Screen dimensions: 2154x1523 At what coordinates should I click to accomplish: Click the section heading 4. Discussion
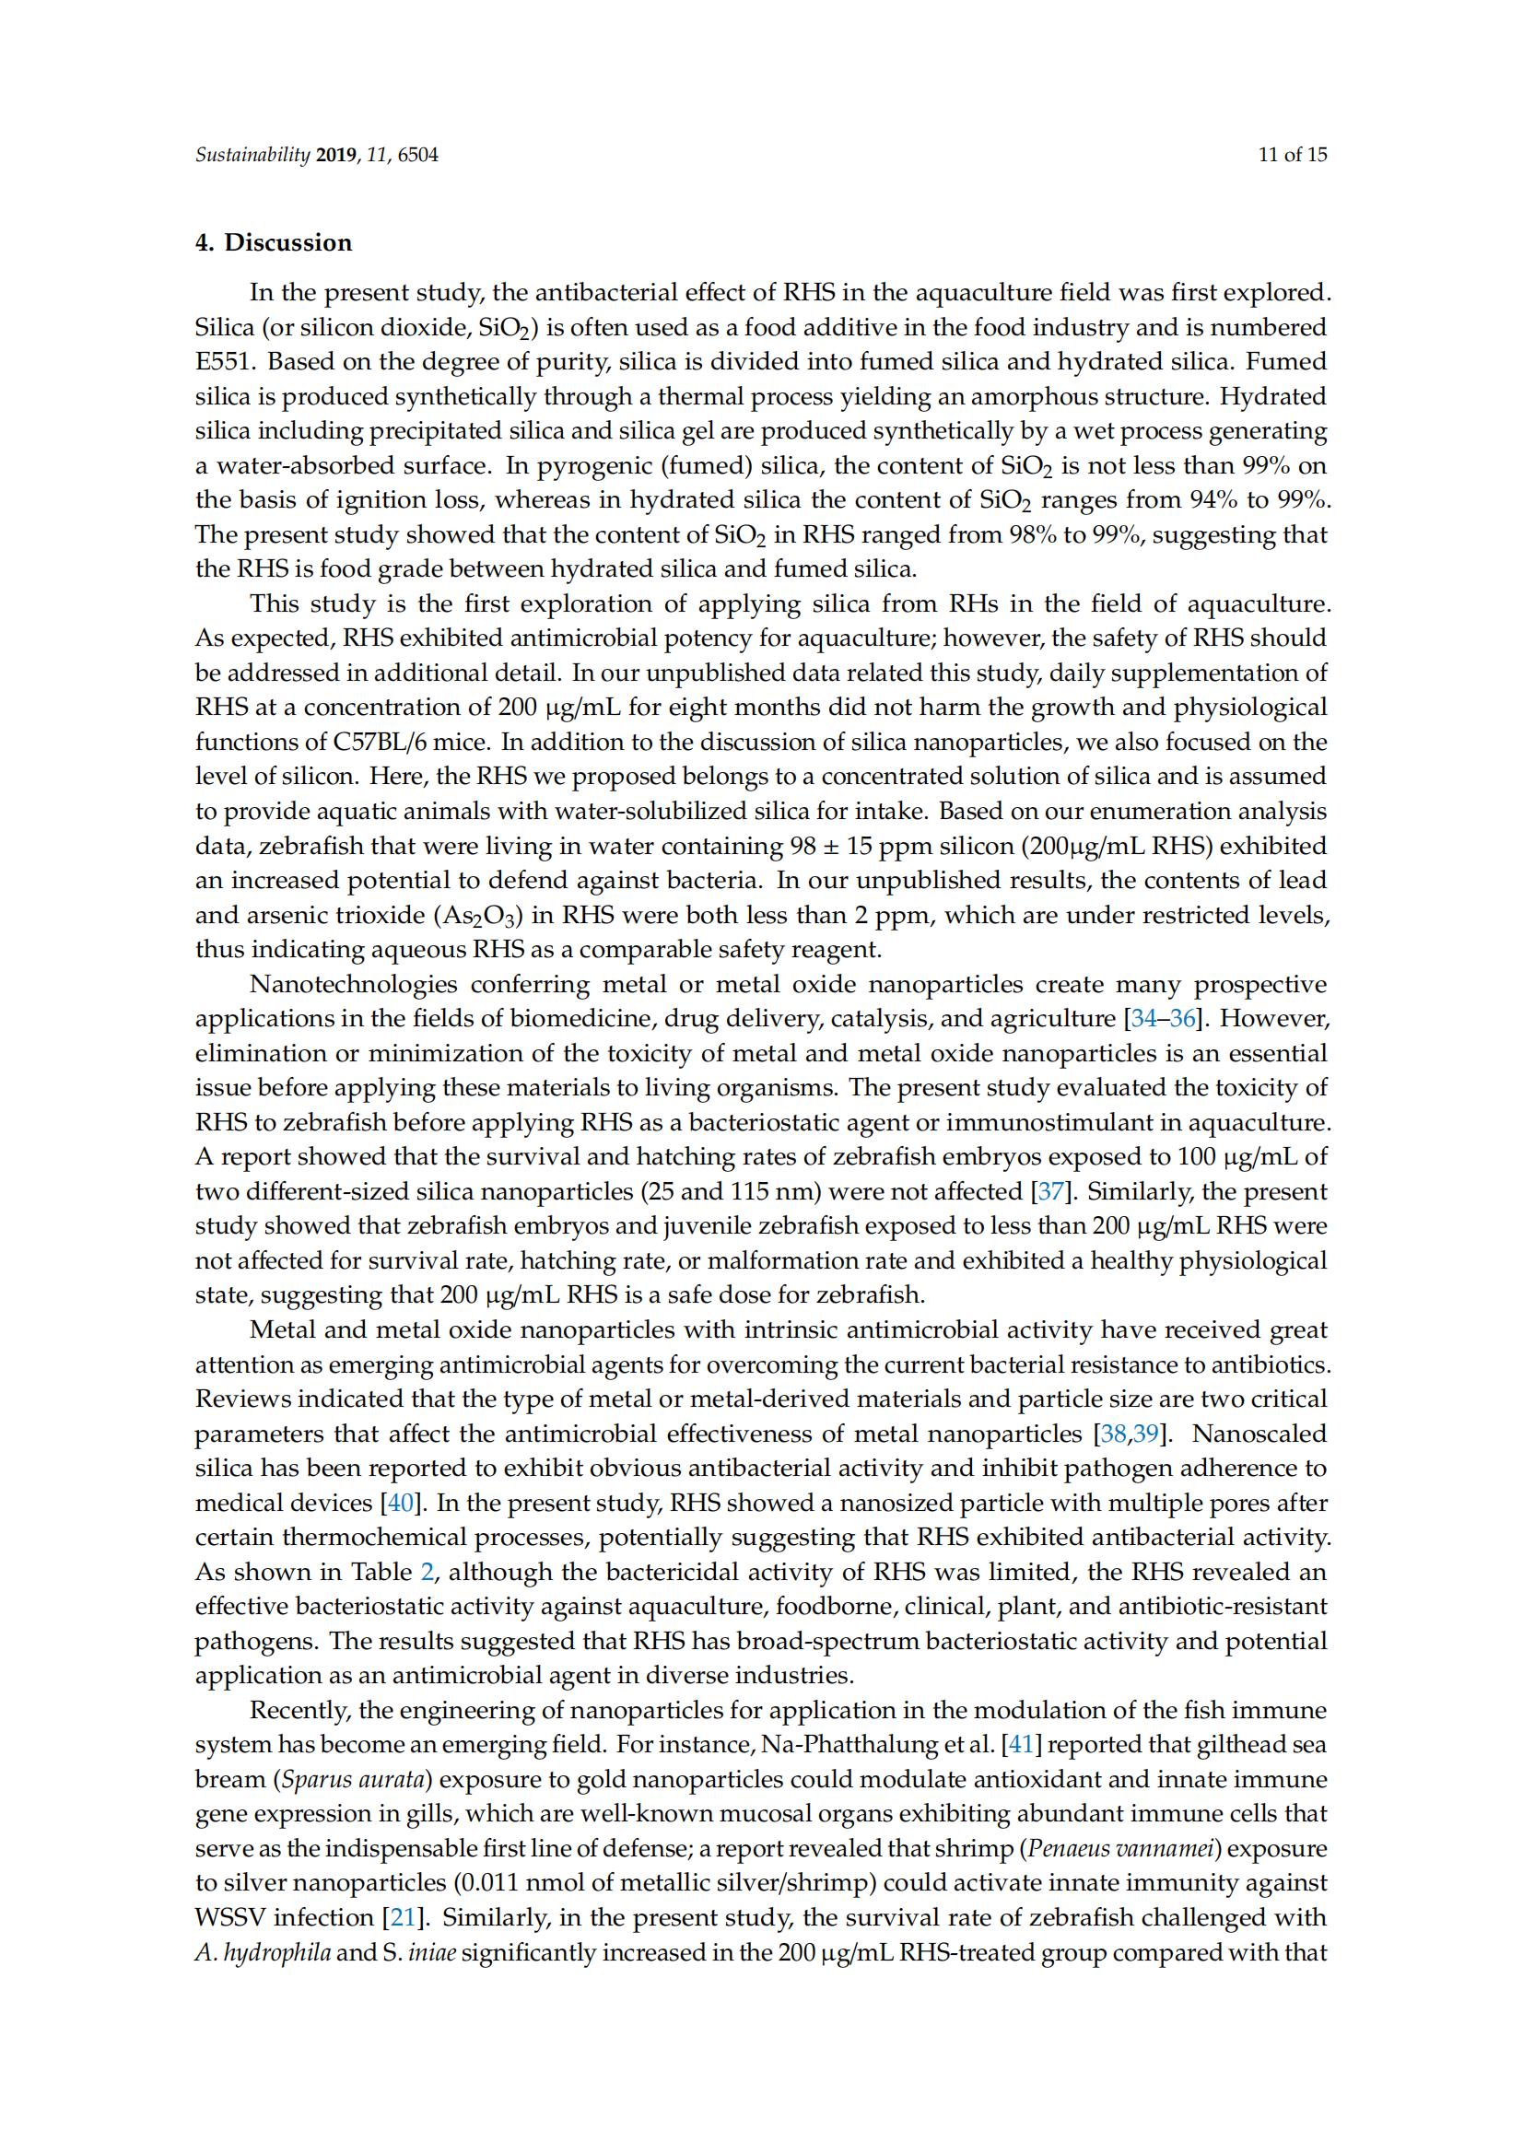point(273,243)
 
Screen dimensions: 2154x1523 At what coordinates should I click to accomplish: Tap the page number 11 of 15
point(1292,155)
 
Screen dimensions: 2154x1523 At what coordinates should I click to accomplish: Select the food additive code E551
point(219,362)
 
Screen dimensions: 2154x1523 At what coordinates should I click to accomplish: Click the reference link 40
point(400,1503)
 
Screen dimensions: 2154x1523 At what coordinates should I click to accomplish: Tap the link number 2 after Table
point(427,1573)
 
